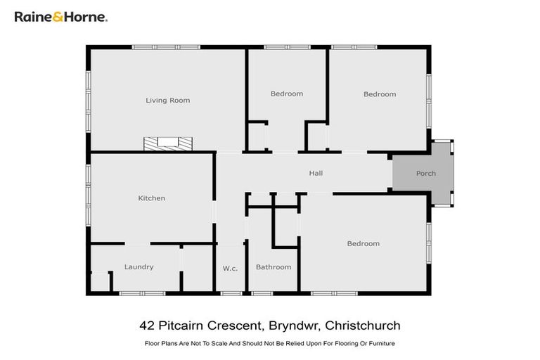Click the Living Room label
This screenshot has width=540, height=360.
(x=167, y=101)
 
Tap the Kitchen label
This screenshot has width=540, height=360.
(x=151, y=198)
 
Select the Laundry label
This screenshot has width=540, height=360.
(x=139, y=267)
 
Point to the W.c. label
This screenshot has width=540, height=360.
(x=230, y=267)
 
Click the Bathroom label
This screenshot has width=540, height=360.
(x=274, y=267)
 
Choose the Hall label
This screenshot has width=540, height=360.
(x=316, y=173)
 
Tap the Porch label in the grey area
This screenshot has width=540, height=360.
(x=425, y=173)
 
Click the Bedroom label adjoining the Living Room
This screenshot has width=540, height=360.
(x=287, y=94)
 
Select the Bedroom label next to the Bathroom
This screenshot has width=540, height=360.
(x=363, y=244)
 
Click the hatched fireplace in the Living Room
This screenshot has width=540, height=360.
(x=168, y=143)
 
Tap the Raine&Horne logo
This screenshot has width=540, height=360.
(x=61, y=17)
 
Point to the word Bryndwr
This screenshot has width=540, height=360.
(x=290, y=326)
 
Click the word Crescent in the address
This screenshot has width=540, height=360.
(x=231, y=326)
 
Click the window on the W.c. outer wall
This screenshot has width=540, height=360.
(x=230, y=292)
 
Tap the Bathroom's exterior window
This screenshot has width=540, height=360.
(x=262, y=292)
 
